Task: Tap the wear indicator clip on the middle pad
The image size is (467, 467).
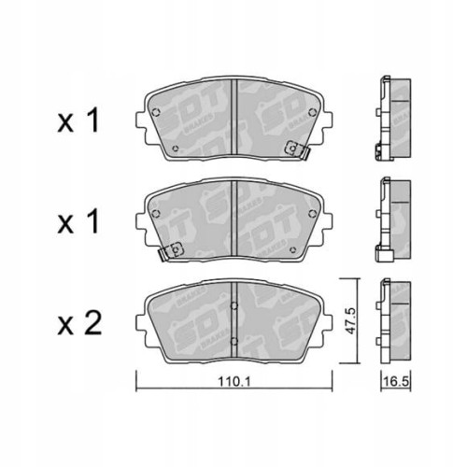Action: click(172, 250)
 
